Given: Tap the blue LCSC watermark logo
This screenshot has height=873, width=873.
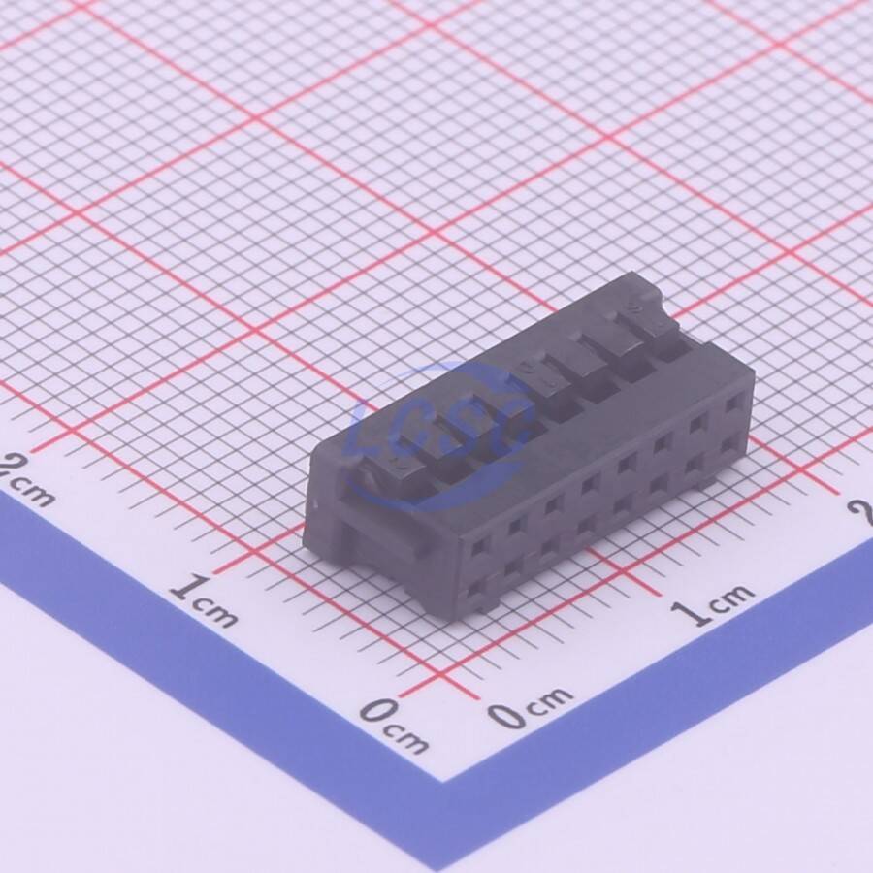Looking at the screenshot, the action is pyautogui.click(x=439, y=437).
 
